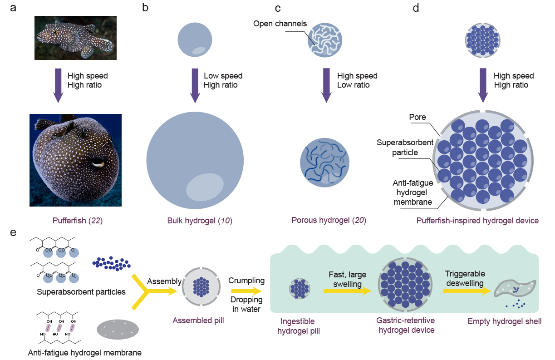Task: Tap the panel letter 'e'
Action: [x=13, y=233]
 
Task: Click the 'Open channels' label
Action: [x=280, y=24]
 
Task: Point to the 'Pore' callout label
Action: [x=417, y=117]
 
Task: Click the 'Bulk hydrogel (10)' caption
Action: [x=196, y=221]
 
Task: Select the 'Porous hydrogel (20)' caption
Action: [x=329, y=221]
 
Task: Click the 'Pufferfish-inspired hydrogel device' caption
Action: [x=477, y=221]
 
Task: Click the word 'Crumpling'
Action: [x=246, y=280]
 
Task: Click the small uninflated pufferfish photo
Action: [x=75, y=38]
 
